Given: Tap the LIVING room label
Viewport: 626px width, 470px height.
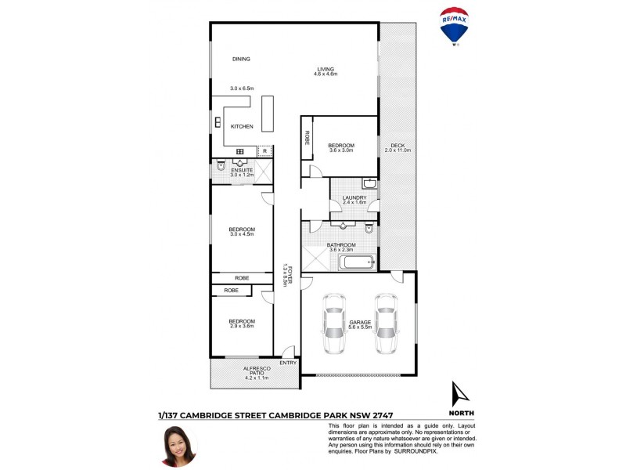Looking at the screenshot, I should (x=326, y=68).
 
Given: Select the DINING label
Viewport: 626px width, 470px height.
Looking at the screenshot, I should (x=240, y=59).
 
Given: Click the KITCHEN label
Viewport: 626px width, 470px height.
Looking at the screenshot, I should (x=242, y=126).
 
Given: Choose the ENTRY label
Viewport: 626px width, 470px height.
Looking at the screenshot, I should (x=287, y=362).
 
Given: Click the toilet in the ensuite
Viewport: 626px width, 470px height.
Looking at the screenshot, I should (x=221, y=167).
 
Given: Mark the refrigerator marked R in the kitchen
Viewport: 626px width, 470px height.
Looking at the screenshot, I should (x=265, y=150).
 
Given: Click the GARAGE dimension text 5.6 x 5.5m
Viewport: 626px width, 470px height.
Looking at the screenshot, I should (x=360, y=327).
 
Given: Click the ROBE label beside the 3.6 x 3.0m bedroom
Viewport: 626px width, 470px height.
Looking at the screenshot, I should (x=308, y=139).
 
